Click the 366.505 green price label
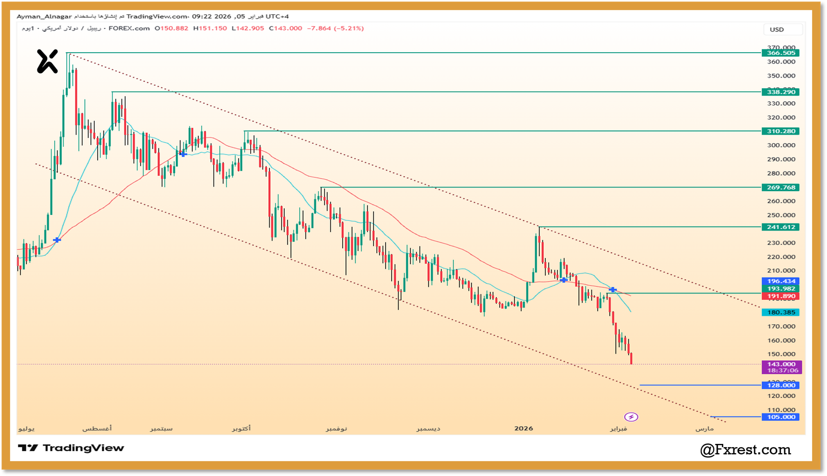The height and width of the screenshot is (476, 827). [x=780, y=53]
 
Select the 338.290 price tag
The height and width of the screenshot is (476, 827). [x=780, y=92]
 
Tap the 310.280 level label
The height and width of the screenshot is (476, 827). [x=780, y=131]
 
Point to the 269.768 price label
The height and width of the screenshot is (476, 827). [x=780, y=188]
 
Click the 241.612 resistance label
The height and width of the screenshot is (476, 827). [x=780, y=227]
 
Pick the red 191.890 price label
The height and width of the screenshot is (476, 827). [x=780, y=296]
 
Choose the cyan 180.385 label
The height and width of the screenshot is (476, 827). [x=780, y=312]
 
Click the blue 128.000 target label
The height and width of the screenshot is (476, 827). [x=780, y=385]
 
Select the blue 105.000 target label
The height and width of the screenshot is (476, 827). [x=780, y=417]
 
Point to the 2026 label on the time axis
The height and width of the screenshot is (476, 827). [x=524, y=428]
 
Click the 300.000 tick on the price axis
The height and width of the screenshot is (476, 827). [x=781, y=145]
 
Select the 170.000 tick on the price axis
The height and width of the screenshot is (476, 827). [x=781, y=326]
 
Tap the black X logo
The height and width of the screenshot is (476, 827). [x=47, y=61]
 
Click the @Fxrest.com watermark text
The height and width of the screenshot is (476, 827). [x=745, y=450]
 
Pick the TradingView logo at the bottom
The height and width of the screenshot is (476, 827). [x=71, y=448]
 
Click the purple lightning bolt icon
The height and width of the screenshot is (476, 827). [x=631, y=417]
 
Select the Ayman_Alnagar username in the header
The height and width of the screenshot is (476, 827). [x=44, y=17]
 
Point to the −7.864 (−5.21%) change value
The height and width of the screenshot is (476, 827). [x=335, y=28]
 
